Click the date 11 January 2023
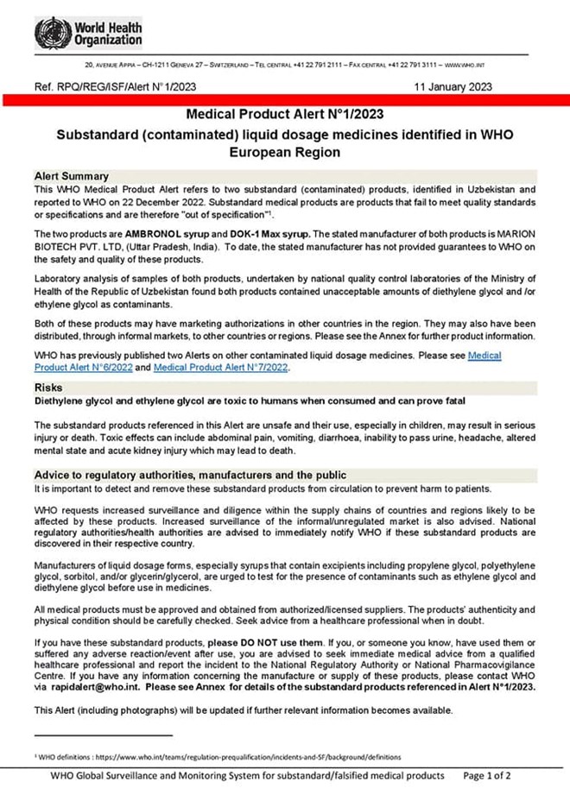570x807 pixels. (x=453, y=86)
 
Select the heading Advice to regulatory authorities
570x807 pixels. (x=190, y=475)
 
